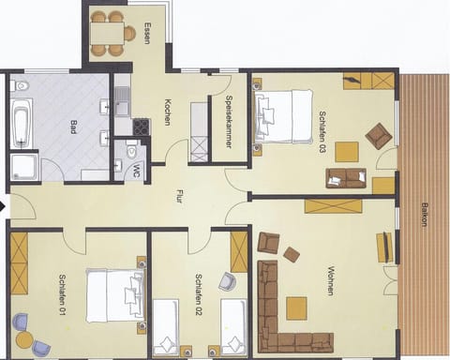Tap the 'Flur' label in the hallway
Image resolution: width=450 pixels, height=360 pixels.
coord(179,198)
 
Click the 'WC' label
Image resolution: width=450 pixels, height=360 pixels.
coord(137,172)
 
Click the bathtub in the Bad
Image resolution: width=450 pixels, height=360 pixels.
coord(22,123)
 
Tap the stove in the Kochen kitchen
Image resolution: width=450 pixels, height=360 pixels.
coord(141,127)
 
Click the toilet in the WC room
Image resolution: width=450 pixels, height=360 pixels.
coord(132,151)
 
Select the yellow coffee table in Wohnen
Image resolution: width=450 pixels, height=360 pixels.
coord(297,307)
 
